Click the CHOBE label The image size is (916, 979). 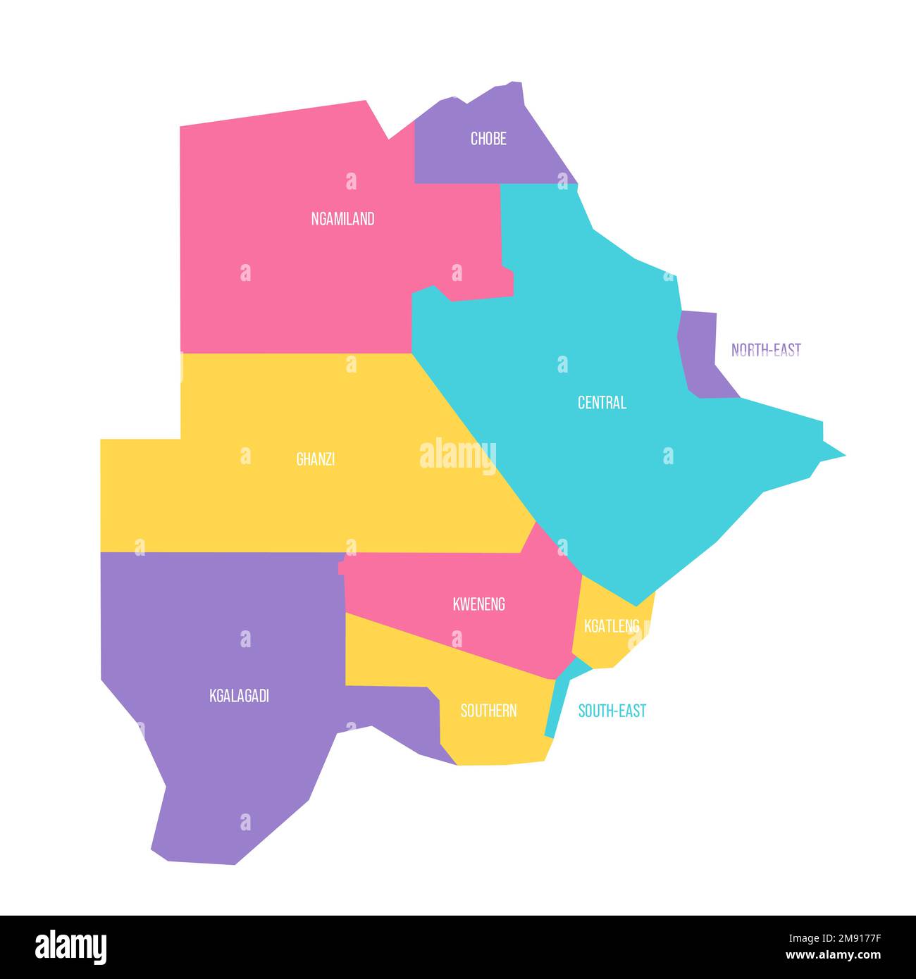[x=488, y=139]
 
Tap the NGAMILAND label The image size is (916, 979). [x=342, y=219]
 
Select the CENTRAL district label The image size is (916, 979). [x=602, y=403]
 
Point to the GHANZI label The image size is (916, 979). [x=315, y=459]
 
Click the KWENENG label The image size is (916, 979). [x=478, y=604]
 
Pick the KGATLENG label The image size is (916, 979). [x=611, y=625]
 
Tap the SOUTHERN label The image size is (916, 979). [x=488, y=711]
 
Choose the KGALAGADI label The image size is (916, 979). [x=239, y=696]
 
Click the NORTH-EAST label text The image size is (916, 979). [x=766, y=350]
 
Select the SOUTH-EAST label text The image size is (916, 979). [x=612, y=711]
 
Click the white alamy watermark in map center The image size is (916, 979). [x=458, y=455]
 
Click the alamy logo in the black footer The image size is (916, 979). [x=70, y=947]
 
